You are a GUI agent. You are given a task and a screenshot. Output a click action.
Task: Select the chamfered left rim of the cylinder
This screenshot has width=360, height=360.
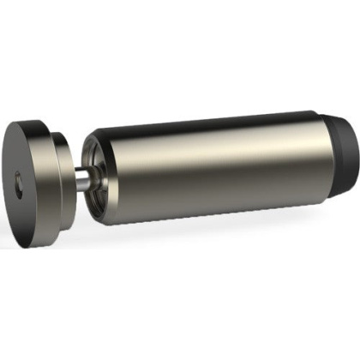click(93, 154)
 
